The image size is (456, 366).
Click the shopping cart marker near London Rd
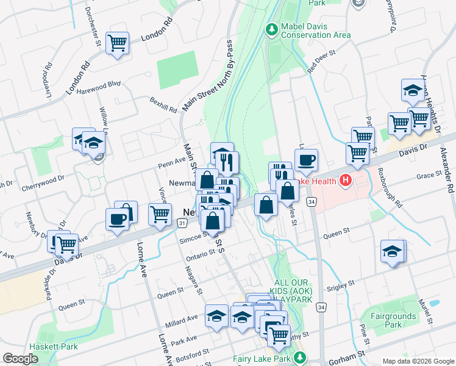pyautogui.click(x=117, y=43)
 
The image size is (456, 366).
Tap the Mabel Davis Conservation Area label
pyautogui.click(x=315, y=30)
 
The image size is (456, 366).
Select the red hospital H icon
pyautogui.click(x=346, y=180)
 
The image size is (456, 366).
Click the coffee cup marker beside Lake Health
pyautogui.click(x=306, y=160)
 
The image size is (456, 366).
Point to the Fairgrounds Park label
pyautogui.click(x=393, y=320)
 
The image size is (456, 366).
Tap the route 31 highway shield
pyautogui.click(x=182, y=225)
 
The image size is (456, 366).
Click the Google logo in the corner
pyautogui.click(x=21, y=358)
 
